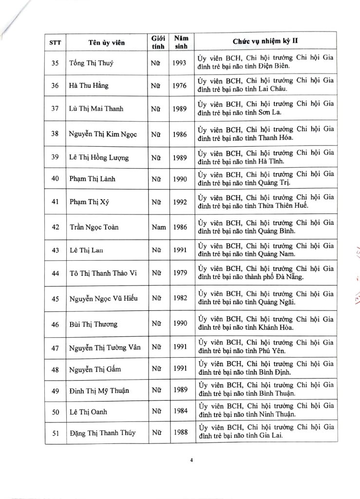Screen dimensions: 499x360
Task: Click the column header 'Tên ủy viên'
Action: tap(107, 42)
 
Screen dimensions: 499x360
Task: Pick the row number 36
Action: tap(55, 86)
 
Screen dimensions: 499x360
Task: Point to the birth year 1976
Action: tap(180, 86)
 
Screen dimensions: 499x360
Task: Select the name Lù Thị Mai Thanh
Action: tap(95, 109)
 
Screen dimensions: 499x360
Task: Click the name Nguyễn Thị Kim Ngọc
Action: tap(103, 134)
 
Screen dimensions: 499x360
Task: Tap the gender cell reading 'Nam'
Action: tap(159, 227)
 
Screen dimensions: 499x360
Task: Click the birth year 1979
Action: tap(180, 272)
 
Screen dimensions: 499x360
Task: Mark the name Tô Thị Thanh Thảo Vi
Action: tap(103, 273)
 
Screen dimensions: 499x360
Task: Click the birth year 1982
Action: tap(180, 298)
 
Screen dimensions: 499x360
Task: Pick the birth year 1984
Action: tap(180, 411)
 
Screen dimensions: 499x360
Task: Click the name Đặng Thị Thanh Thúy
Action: tap(102, 433)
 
